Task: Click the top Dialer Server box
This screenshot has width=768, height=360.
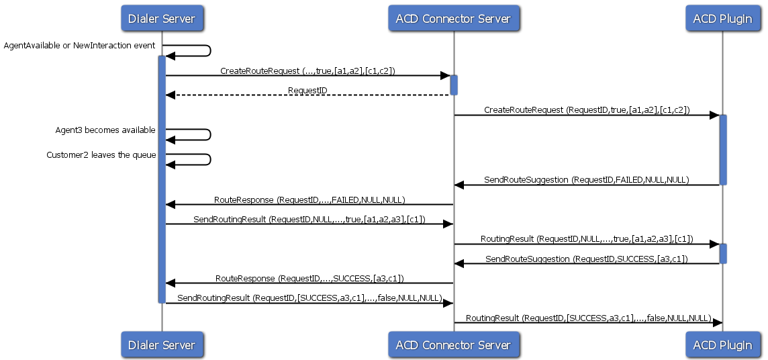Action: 161,18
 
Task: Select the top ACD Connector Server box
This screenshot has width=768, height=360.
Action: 453,18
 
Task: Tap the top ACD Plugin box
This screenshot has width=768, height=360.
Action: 722,18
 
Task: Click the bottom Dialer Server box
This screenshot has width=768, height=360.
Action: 161,345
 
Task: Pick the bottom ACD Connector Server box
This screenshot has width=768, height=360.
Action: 453,345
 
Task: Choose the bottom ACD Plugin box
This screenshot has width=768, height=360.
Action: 722,345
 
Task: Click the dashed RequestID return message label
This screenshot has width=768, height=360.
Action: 307,90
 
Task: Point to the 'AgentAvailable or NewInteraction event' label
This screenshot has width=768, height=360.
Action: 79,46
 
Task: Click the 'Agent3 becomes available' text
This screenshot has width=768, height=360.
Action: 105,130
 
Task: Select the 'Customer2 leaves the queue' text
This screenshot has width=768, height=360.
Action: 101,155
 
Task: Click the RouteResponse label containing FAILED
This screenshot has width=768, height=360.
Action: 309,199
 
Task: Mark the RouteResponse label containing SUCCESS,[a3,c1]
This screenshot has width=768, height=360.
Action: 309,278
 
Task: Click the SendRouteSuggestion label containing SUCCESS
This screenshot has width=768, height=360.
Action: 586,259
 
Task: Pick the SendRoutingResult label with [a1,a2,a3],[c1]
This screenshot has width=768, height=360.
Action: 309,220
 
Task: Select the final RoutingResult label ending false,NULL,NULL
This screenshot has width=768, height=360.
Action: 588,318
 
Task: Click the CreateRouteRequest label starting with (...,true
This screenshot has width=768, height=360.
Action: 307,71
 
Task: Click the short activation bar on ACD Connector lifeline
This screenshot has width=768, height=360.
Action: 454,85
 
